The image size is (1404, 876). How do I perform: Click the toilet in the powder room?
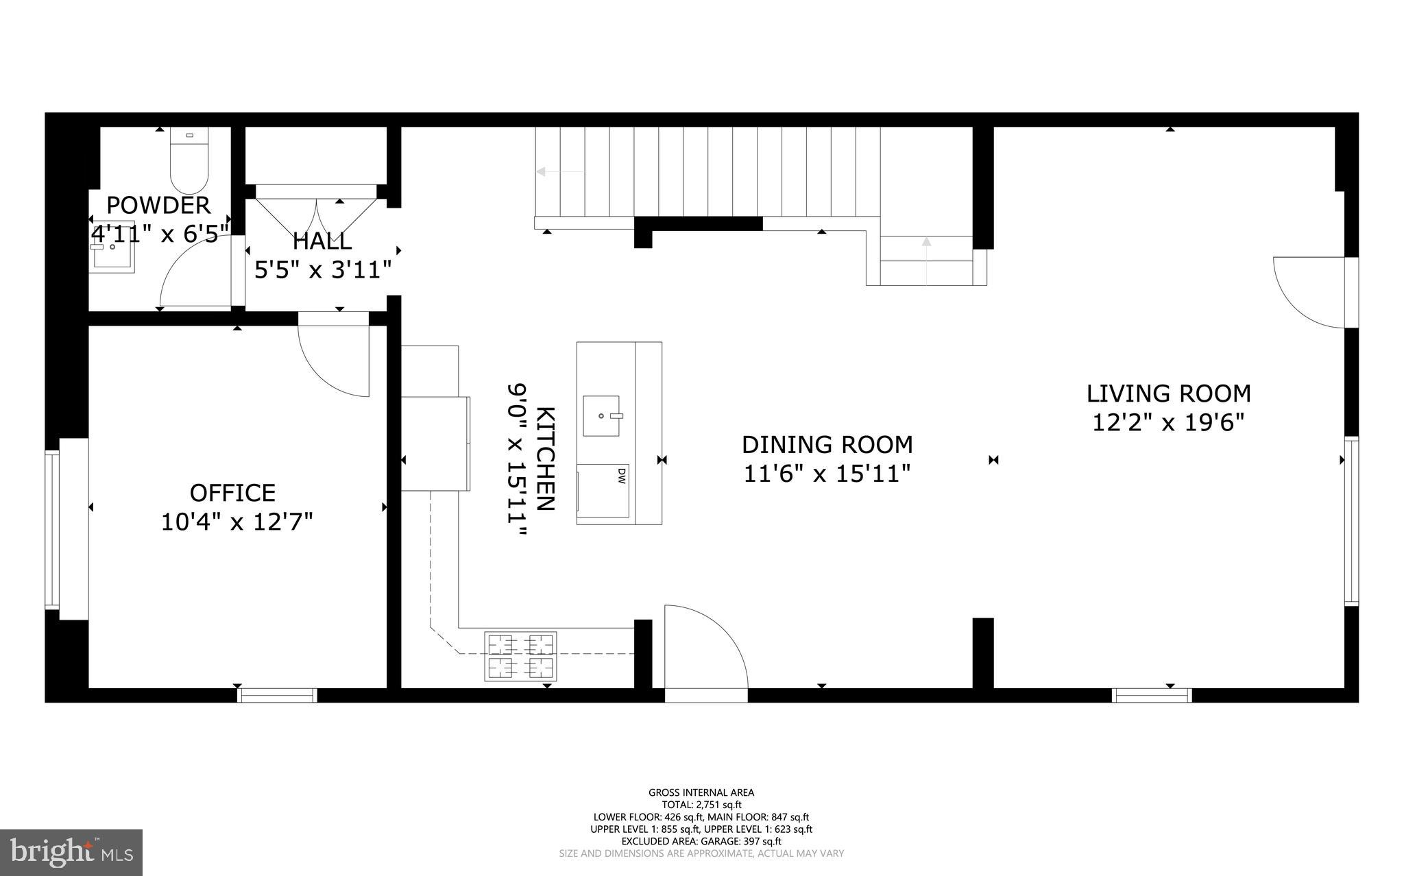pyautogui.click(x=189, y=161)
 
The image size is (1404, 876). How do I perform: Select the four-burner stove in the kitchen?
pyautogui.click(x=520, y=657)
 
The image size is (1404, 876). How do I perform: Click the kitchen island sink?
pyautogui.click(x=601, y=415)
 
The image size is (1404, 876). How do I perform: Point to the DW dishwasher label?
pyautogui.click(x=621, y=476)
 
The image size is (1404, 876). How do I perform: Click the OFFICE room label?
pyautogui.click(x=232, y=493)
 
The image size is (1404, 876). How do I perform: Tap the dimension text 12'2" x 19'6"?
pyautogui.click(x=1167, y=423)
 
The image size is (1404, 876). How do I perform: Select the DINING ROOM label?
pyautogui.click(x=827, y=445)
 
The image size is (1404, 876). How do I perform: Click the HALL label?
pyautogui.click(x=322, y=241)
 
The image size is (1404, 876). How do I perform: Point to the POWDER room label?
pyautogui.click(x=158, y=205)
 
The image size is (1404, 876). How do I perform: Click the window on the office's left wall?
pyautogui.click(x=53, y=528)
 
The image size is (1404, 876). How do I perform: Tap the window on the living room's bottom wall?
pyautogui.click(x=1152, y=695)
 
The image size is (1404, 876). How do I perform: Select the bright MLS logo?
pyautogui.click(x=71, y=852)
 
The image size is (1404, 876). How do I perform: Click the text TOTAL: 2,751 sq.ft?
pyautogui.click(x=701, y=805)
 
